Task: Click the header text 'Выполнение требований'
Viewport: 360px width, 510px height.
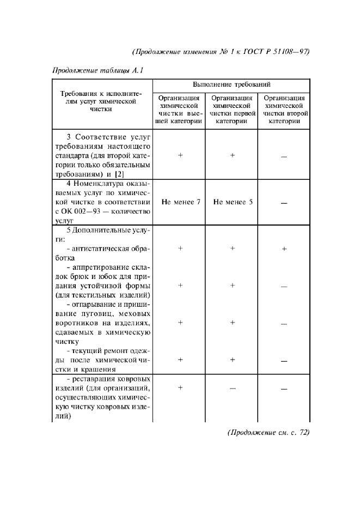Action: [231, 86]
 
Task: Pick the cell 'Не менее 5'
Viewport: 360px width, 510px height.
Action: [233, 202]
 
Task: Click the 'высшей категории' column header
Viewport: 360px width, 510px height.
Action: [179, 110]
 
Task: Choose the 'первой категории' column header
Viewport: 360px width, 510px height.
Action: [232, 110]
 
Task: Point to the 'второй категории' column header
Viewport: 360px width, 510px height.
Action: [283, 110]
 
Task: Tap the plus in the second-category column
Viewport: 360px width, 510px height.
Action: [284, 249]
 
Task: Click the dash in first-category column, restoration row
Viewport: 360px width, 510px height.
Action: [233, 388]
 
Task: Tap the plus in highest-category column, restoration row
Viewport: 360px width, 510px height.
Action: [180, 387]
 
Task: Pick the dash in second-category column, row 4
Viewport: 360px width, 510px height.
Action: [284, 203]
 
